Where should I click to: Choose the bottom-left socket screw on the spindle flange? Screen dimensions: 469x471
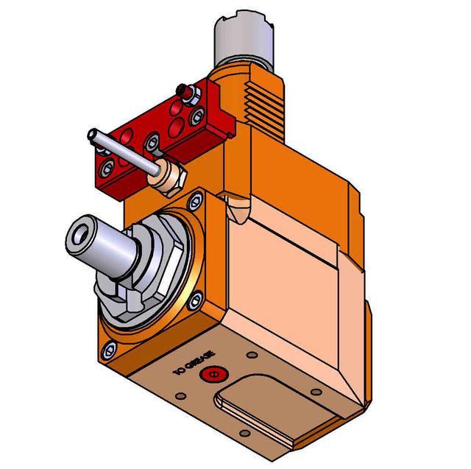111,348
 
